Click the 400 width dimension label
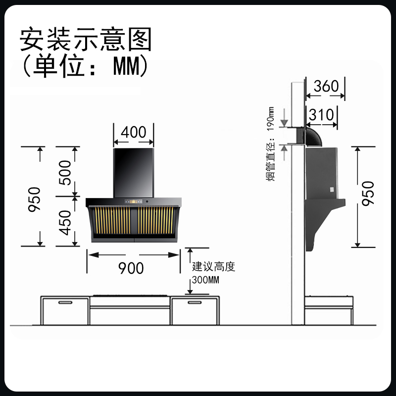pyautogui.click(x=133, y=132)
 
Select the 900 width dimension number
pyautogui.click(x=131, y=268)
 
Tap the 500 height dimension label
pyautogui.click(x=64, y=171)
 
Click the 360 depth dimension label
pyautogui.click(x=326, y=86)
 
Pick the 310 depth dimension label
pyautogui.click(x=322, y=115)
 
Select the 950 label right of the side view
pyautogui.click(x=368, y=194)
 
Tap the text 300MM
pyautogui.click(x=206, y=280)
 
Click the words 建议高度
pyautogui.click(x=213, y=267)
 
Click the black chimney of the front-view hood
pyautogui.click(x=134, y=171)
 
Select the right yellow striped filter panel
pyautogui.click(x=156, y=221)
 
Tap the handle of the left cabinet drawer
pyautogui.click(x=65, y=301)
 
